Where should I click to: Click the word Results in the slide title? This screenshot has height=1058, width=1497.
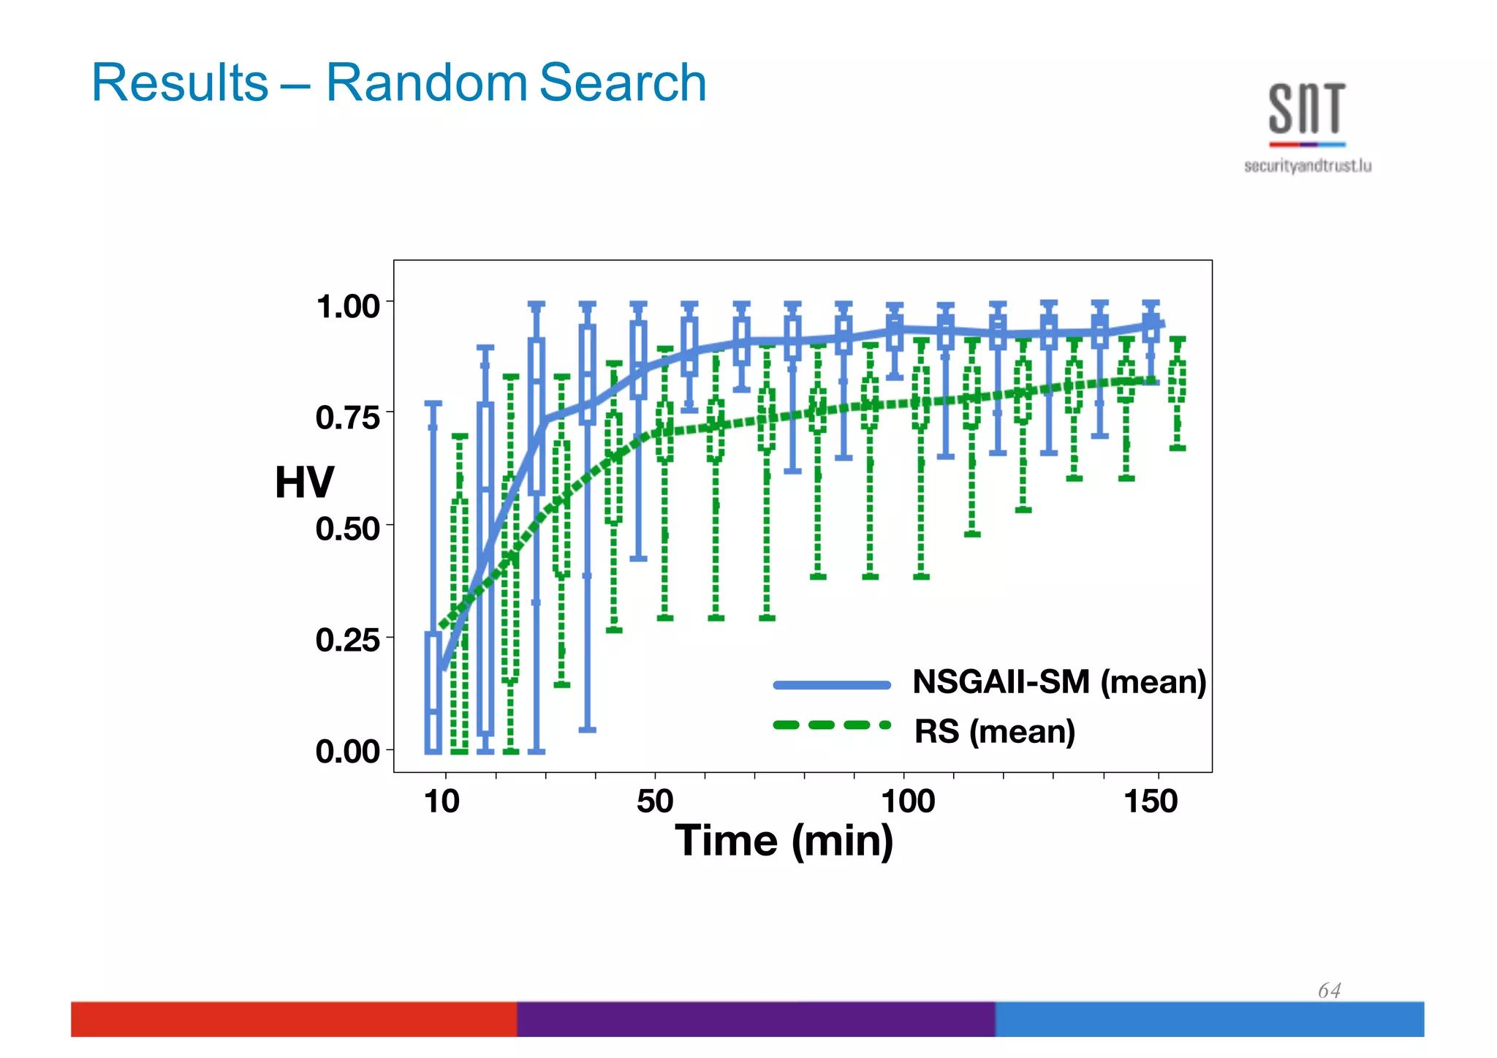(x=180, y=83)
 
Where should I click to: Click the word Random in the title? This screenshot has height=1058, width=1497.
(x=427, y=83)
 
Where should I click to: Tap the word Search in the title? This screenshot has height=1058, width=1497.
(x=622, y=83)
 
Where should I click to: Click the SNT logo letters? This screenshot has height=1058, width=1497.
(x=1306, y=109)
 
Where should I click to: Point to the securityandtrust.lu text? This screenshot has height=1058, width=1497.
(x=1307, y=166)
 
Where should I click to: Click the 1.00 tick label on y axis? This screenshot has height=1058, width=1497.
(x=348, y=306)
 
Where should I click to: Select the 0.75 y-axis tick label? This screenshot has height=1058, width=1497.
(x=348, y=417)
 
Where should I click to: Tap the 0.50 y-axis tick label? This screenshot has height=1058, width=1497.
(x=348, y=529)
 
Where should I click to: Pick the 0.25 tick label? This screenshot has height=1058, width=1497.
(x=348, y=640)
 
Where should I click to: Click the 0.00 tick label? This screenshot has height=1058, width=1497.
(x=348, y=751)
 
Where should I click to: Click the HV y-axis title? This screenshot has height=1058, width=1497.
(x=304, y=483)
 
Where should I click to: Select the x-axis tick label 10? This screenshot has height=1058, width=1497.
(x=441, y=801)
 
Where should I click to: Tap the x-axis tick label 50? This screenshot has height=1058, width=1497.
(x=654, y=801)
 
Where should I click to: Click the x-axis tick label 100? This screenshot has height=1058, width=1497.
(x=907, y=801)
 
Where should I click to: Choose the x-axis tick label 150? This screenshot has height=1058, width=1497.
(x=1151, y=801)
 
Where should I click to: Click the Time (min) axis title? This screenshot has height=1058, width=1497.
(x=784, y=841)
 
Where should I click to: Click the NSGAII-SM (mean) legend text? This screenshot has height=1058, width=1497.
(x=1058, y=682)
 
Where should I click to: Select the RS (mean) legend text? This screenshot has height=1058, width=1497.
(x=994, y=731)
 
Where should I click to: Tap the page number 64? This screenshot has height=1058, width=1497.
(x=1329, y=991)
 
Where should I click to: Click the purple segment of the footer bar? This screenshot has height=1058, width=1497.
(x=756, y=1019)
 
